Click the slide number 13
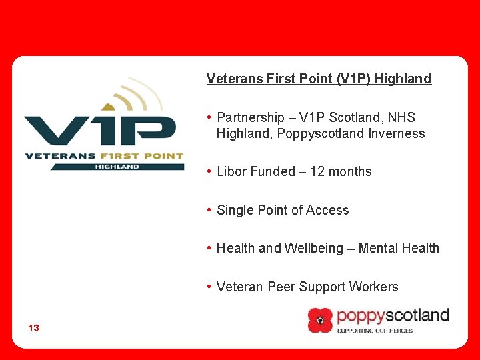tap(34, 328)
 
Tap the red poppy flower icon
tap(320, 320)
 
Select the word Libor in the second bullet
tap(231, 171)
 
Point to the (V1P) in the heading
tap(354, 79)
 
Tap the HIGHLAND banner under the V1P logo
tap(117, 166)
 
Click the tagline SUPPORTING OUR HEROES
tap(375, 330)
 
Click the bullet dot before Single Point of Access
tap(209, 210)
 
